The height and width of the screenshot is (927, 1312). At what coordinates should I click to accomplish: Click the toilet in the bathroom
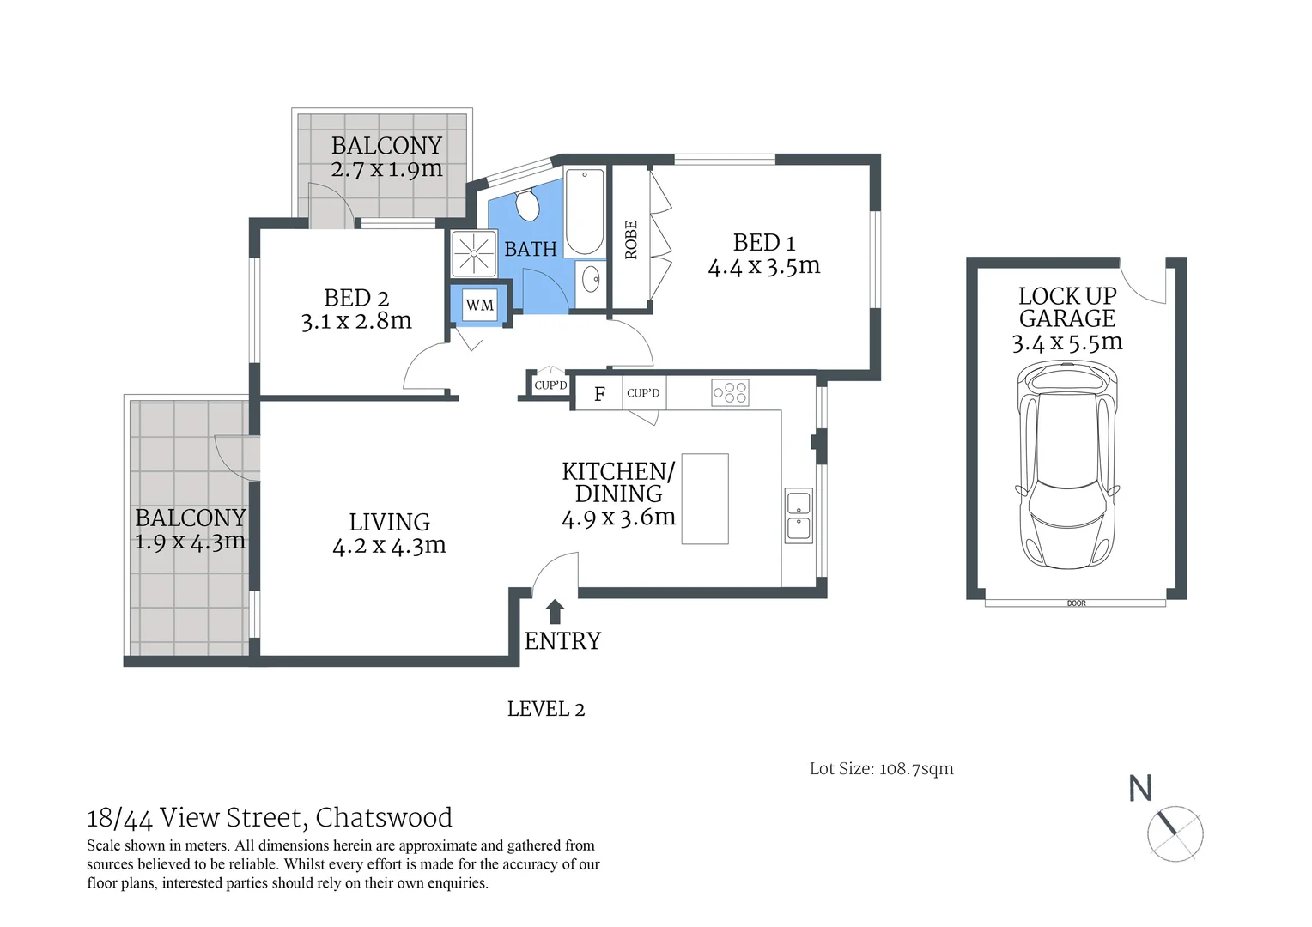(527, 204)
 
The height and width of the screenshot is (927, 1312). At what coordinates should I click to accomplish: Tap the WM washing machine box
(480, 305)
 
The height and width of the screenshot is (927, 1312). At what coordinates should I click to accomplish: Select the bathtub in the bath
(585, 211)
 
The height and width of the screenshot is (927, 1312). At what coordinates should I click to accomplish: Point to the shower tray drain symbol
(473, 253)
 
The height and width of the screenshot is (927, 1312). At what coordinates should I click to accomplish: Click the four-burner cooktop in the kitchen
(730, 392)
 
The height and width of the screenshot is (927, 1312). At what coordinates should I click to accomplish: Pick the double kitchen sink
(799, 515)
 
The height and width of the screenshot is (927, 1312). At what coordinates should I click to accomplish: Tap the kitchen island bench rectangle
(705, 499)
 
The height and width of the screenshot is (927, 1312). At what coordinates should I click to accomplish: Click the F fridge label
(599, 394)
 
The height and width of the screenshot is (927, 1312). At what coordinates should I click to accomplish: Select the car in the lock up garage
(1067, 465)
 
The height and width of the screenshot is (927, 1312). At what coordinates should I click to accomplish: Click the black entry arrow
(555, 612)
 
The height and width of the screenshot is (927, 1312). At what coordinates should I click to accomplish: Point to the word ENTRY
(562, 641)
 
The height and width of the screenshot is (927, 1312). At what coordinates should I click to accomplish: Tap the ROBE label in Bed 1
(631, 239)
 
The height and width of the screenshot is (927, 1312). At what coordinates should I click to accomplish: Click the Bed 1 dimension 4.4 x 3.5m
(764, 266)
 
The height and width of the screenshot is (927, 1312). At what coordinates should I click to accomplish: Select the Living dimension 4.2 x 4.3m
(389, 546)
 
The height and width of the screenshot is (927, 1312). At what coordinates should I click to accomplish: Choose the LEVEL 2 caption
(546, 709)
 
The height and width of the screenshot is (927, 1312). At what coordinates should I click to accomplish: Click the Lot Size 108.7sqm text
(882, 769)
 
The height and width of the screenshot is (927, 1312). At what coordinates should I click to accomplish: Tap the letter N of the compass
(1140, 788)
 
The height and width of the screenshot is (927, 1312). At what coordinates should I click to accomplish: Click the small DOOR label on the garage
(1077, 603)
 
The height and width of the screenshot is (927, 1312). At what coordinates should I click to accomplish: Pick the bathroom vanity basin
(591, 280)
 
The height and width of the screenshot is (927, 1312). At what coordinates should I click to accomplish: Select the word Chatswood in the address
(384, 817)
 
